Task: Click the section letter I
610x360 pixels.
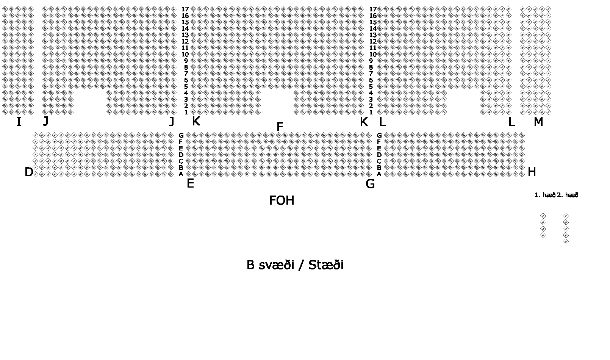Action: coord(19,122)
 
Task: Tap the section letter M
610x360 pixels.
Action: coord(538,122)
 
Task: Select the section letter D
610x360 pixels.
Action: coord(29,172)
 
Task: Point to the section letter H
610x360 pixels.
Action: coord(532,172)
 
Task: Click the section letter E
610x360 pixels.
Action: coord(190,184)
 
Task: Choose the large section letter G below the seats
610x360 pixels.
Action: coord(370,184)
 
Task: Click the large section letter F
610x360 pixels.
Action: coord(280,127)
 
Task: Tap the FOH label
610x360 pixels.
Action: coord(282,200)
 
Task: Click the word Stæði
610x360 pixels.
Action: coord(326,265)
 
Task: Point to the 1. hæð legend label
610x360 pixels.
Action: coord(544,195)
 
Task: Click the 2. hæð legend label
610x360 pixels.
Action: coord(568,195)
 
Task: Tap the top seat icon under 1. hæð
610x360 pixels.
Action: coord(543,216)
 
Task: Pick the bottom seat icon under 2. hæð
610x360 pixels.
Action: coord(566,242)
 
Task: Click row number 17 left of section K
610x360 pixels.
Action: coord(185,9)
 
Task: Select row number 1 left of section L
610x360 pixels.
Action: coord(371,112)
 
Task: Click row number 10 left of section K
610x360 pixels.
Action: coord(185,54)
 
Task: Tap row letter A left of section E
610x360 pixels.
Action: coord(181,174)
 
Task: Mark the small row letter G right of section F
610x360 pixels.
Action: coord(379,135)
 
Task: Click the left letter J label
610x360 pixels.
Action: coord(46,121)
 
